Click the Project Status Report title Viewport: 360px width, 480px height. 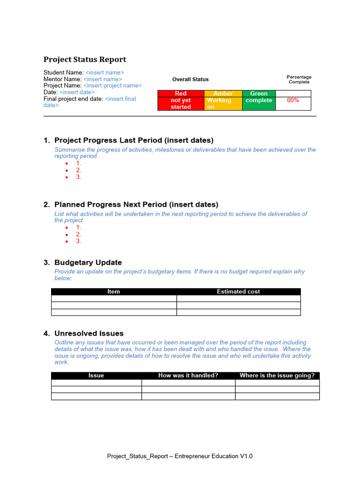[85, 60]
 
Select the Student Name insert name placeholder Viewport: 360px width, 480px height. [105, 73]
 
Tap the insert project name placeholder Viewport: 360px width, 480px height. [112, 86]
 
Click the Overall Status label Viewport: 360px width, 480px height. [190, 80]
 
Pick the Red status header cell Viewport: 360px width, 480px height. [180, 94]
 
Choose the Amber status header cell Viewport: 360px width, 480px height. [223, 94]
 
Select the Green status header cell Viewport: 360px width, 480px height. [259, 94]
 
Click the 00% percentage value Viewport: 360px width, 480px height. [293, 100]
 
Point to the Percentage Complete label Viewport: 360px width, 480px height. [299, 80]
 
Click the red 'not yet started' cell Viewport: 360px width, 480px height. [181, 104]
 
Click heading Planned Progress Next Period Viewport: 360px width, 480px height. [136, 204]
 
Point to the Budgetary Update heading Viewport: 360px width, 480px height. [88, 262]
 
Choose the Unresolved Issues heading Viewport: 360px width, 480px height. [89, 333]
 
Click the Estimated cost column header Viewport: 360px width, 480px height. [238, 292]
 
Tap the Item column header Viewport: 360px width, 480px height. [114, 292]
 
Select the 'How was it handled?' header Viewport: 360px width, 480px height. [188, 375]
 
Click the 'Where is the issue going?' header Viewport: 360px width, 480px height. [277, 375]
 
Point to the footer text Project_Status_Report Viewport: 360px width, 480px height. [180, 456]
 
